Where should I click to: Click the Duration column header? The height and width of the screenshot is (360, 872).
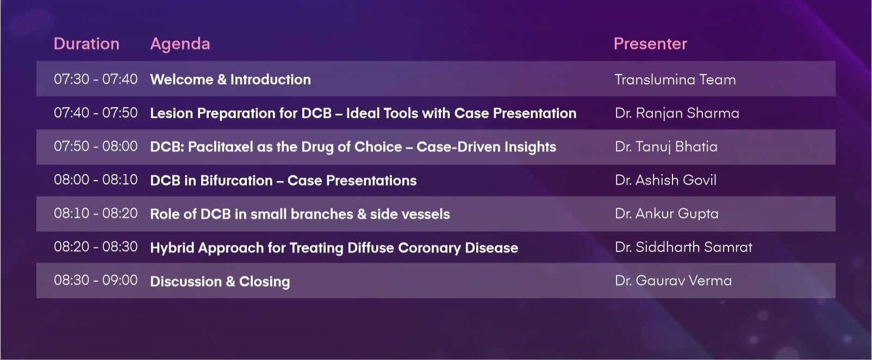click(x=86, y=44)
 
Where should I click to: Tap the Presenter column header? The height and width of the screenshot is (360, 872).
click(x=651, y=44)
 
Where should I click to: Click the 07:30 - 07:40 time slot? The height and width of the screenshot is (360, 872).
click(x=96, y=79)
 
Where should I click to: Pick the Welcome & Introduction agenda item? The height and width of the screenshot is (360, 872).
click(x=231, y=79)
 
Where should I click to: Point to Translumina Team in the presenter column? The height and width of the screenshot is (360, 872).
click(x=675, y=79)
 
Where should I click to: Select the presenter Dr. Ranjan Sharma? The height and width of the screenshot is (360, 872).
click(x=677, y=113)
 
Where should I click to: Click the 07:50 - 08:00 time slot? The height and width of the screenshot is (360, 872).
click(x=96, y=146)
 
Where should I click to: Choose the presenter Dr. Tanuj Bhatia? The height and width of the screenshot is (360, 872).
click(x=666, y=147)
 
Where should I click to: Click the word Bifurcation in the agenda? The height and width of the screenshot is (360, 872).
click(x=236, y=181)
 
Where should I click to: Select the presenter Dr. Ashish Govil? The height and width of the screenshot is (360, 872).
click(x=665, y=180)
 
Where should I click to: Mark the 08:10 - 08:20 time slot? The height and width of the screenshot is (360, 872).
click(x=96, y=213)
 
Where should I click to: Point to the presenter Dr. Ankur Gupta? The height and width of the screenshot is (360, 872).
click(x=667, y=214)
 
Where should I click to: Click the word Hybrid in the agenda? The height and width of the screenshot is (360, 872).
click(x=172, y=248)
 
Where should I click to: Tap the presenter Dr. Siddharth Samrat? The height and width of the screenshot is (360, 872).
click(x=683, y=247)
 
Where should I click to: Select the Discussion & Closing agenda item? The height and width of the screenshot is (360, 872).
click(x=220, y=281)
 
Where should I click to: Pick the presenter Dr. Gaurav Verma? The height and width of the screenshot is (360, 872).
click(x=673, y=281)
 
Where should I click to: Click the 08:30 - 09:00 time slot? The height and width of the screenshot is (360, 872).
click(x=96, y=280)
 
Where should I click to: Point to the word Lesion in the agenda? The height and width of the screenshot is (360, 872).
click(x=172, y=113)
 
